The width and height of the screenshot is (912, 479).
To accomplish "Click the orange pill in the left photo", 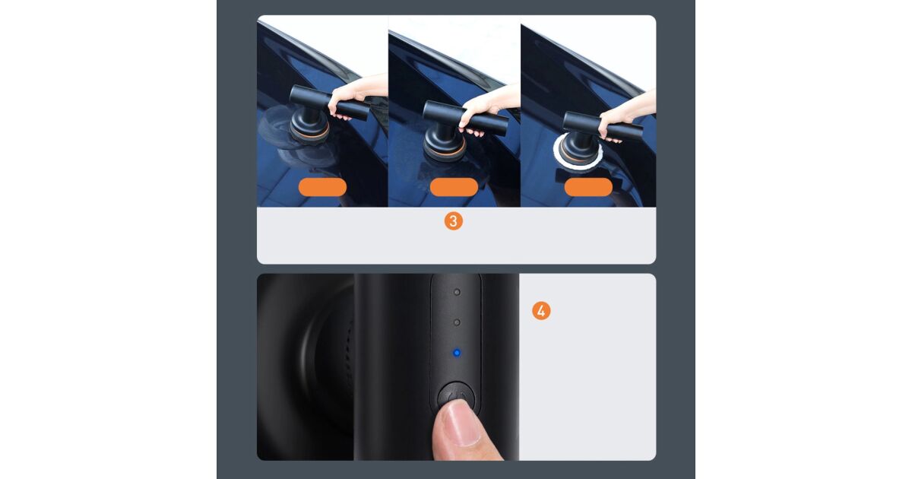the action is (x=322, y=187).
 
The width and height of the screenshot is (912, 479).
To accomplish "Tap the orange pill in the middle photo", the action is (x=454, y=187).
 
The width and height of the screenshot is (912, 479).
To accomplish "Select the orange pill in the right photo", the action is (x=588, y=187).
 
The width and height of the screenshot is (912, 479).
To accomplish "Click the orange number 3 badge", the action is (x=453, y=220).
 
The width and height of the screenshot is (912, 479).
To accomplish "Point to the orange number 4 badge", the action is (x=541, y=311).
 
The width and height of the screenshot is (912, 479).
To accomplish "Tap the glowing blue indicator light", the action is (x=457, y=353).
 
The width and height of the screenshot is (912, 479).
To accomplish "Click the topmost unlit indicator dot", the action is (x=457, y=292).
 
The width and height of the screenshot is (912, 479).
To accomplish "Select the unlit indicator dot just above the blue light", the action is (x=457, y=322).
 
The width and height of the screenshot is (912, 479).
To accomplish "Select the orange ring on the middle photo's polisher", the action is (x=445, y=154).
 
